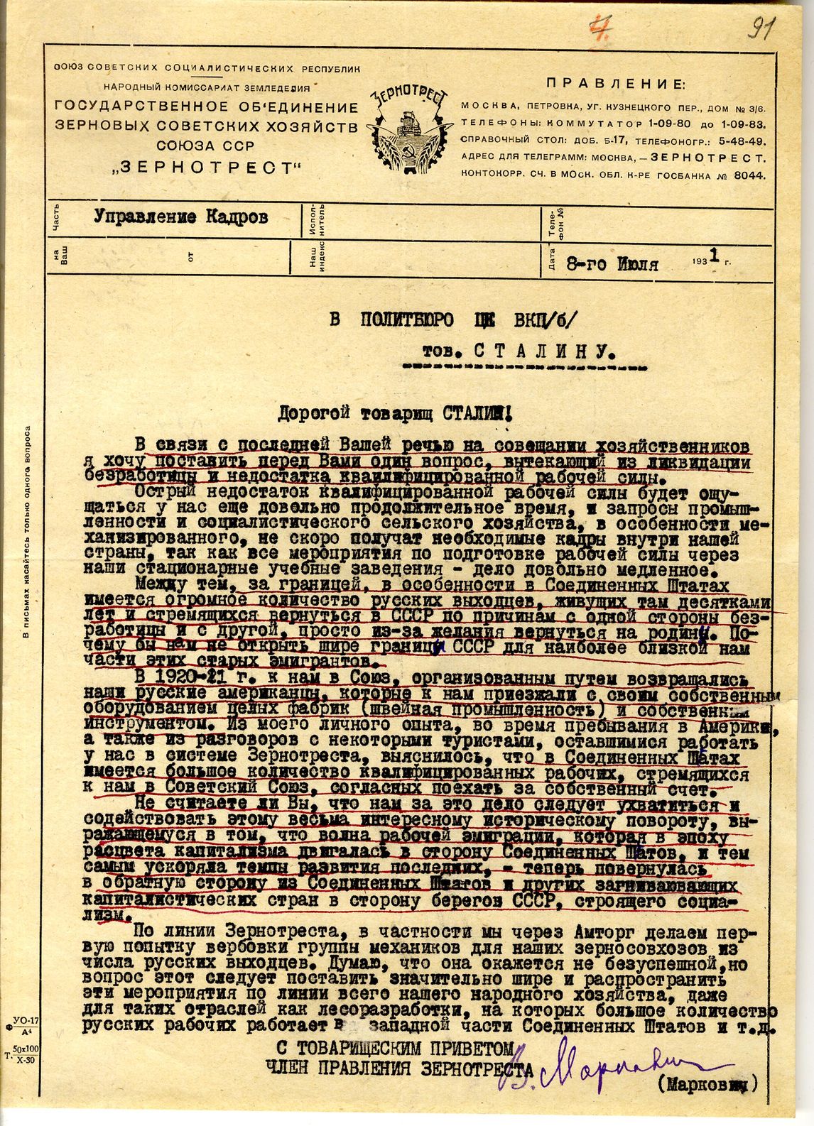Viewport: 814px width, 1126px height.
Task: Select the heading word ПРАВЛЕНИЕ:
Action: (x=616, y=84)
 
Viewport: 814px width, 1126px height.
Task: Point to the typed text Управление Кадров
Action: (x=181, y=218)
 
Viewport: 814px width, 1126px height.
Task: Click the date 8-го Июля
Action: (x=612, y=265)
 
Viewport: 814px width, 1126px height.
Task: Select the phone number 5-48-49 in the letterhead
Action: (x=739, y=141)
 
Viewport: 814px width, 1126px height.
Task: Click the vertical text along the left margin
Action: (x=26, y=532)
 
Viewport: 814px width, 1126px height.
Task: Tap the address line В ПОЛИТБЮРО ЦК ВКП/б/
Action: (x=458, y=318)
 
